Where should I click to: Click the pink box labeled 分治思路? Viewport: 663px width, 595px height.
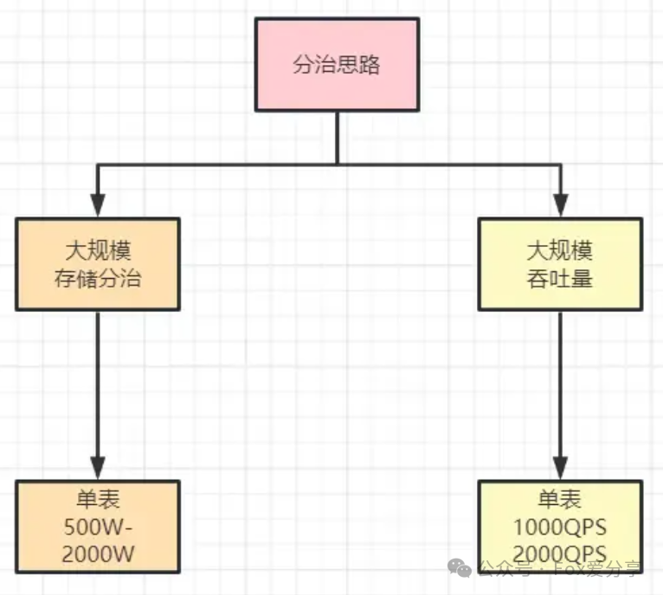[337, 65]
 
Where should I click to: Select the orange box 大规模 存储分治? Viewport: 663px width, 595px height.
[98, 263]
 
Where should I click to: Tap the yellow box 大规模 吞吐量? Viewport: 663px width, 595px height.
[560, 263]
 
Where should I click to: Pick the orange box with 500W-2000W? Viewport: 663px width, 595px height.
[98, 527]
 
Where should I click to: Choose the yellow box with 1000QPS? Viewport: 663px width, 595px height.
[560, 527]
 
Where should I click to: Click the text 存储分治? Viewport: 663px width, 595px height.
[98, 279]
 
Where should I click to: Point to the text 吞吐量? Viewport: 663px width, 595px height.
[560, 279]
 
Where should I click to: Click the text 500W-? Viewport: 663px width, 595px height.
[98, 527]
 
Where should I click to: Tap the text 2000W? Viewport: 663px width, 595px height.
[98, 553]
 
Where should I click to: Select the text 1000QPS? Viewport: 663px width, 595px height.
[560, 527]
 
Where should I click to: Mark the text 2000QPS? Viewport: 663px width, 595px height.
[560, 553]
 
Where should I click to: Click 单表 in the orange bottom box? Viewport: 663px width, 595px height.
[98, 500]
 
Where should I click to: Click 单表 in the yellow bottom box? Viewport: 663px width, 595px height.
[560, 500]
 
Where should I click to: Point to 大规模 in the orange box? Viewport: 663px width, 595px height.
[98, 251]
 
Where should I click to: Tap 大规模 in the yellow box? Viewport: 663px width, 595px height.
[560, 251]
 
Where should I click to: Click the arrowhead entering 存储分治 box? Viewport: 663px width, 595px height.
[98, 205]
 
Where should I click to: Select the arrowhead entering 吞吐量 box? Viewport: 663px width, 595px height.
[560, 205]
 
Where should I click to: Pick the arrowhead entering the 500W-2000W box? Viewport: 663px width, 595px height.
[98, 469]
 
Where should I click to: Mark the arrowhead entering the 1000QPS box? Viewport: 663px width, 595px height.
[560, 469]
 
